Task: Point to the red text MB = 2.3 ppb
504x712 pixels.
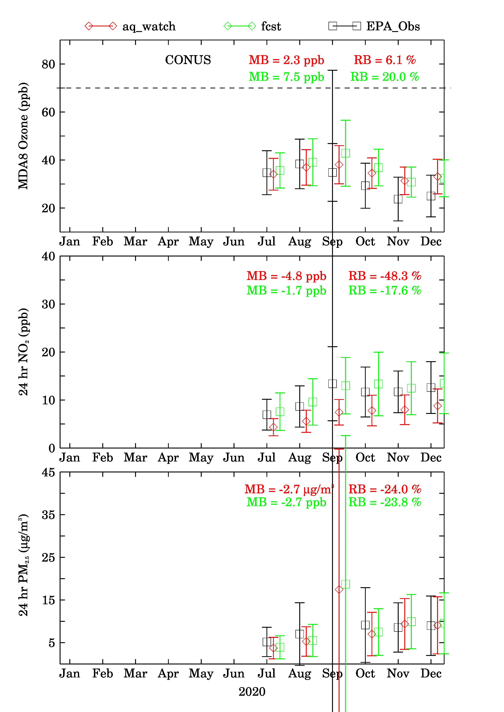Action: tap(286, 60)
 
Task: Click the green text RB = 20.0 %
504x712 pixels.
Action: tap(385, 77)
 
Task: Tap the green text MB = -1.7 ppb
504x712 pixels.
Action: tap(286, 290)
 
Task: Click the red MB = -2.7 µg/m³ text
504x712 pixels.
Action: tap(289, 489)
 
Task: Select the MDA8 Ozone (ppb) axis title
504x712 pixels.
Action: tap(23, 136)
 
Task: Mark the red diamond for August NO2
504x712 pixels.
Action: tap(306, 421)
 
